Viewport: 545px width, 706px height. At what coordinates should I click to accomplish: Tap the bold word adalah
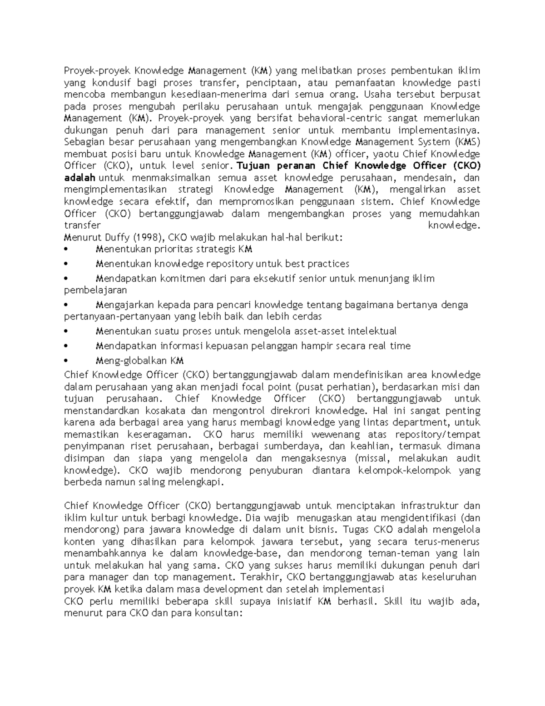[x=80, y=177]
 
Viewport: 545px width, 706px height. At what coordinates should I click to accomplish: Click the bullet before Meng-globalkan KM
[x=66, y=361]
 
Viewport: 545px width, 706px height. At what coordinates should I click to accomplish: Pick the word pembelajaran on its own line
[x=95, y=290]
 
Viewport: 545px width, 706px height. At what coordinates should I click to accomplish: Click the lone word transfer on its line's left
[x=82, y=225]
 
